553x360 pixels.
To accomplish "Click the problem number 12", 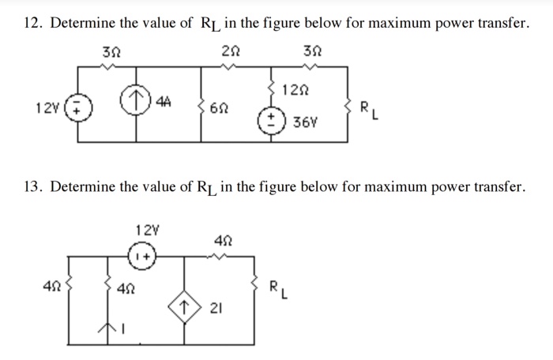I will coord(31,24).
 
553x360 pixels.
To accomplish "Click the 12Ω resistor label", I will coord(298,92).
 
